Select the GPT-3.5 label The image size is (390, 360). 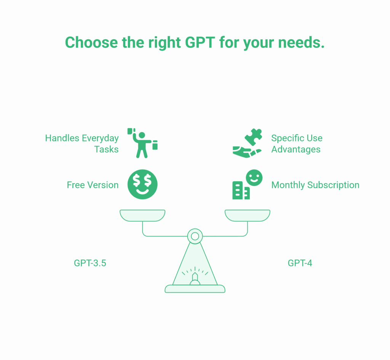tap(90, 263)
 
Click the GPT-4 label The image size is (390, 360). tap(300, 263)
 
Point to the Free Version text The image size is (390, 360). tap(93, 185)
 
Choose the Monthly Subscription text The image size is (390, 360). tap(315, 185)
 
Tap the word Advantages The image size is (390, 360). tap(296, 149)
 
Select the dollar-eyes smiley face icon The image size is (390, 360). tap(142, 184)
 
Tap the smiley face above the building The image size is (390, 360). tap(254, 178)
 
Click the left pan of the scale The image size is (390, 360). tap(142, 215)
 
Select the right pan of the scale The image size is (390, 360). tap(247, 215)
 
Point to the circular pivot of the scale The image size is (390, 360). tap(195, 236)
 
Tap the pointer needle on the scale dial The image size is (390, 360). tap(195, 276)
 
